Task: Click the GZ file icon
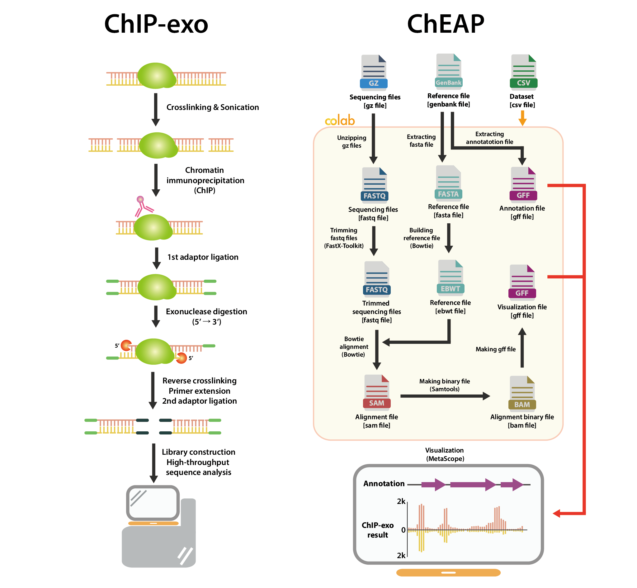pos(374,73)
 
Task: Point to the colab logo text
pos(340,121)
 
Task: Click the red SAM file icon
pos(377,393)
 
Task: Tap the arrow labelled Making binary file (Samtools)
pos(445,396)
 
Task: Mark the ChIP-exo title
pos(156,24)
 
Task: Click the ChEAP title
pos(446,24)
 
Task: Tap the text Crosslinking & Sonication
pos(213,107)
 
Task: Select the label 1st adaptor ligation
pos(203,257)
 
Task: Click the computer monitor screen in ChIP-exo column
pos(153,503)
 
